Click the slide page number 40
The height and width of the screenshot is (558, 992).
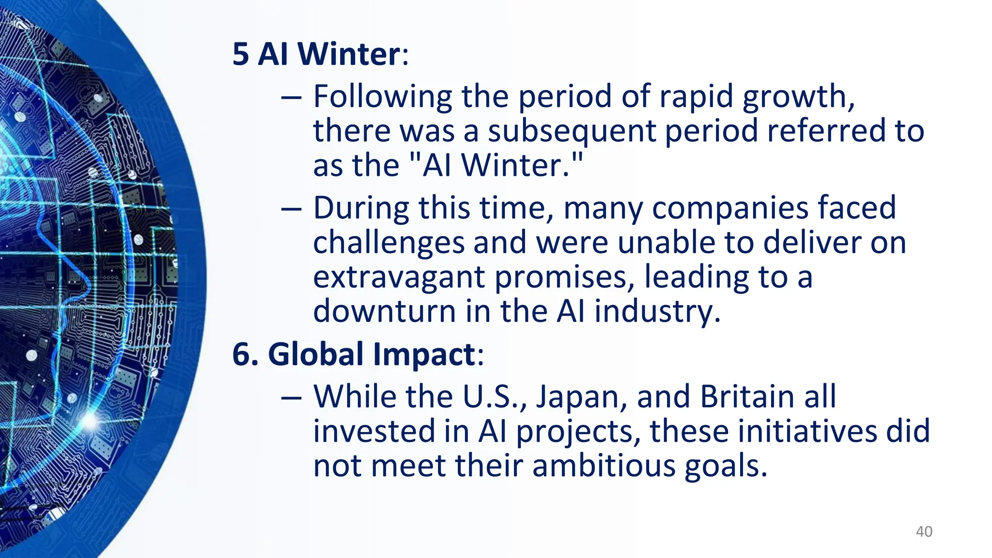tap(924, 531)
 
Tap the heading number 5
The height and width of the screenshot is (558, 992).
tap(241, 54)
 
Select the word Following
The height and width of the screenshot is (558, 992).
tap(382, 96)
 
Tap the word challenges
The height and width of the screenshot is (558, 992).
tap(388, 243)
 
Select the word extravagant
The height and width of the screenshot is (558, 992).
tap(399, 278)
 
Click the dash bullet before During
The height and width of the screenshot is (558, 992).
tap(291, 209)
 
